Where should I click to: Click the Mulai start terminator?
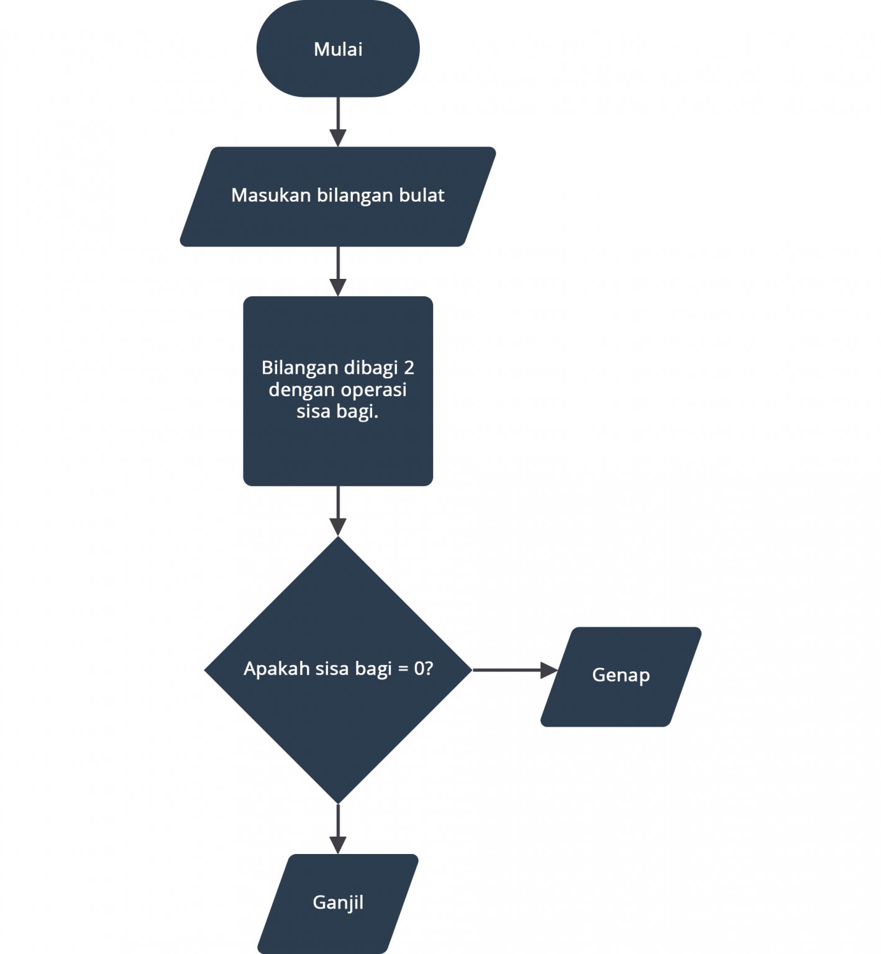click(x=338, y=50)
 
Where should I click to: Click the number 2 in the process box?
click(x=408, y=368)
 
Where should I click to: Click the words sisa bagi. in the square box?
click(x=337, y=412)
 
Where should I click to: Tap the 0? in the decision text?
click(x=424, y=669)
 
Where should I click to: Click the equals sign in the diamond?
click(x=403, y=670)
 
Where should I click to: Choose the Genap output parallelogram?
click(x=621, y=676)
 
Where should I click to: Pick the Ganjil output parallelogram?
click(x=338, y=902)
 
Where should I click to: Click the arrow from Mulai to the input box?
click(x=338, y=121)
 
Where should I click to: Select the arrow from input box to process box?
click(x=338, y=271)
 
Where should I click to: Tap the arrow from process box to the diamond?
click(x=338, y=511)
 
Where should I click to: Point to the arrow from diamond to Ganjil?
click(x=338, y=829)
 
